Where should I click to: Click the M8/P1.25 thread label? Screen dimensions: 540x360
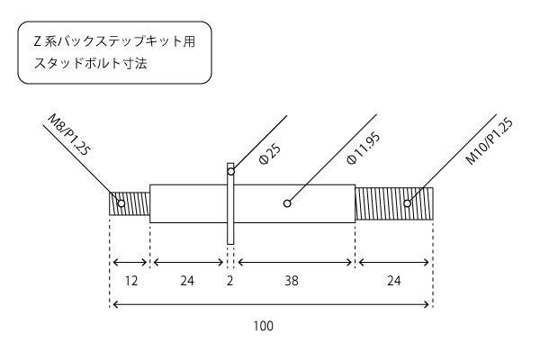point(69,134)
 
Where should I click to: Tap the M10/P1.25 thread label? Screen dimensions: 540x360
point(490,140)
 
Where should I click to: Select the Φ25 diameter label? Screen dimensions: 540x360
point(270,154)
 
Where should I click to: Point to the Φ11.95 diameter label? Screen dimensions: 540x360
point(364,148)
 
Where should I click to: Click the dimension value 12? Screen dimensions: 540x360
point(131,281)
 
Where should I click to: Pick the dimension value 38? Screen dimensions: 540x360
point(292,281)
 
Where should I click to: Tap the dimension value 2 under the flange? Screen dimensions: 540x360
point(230,281)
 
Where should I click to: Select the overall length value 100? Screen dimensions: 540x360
point(264,326)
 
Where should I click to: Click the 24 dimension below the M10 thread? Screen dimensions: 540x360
point(394,281)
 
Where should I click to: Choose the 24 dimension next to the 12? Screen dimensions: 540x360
point(187,281)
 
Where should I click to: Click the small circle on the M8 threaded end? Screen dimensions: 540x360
point(121,203)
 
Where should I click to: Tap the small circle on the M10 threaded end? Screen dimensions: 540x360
point(408,203)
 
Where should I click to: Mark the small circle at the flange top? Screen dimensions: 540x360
point(231,171)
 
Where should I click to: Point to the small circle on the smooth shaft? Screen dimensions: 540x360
point(287,203)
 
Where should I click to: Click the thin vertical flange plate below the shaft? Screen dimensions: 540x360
point(230,234)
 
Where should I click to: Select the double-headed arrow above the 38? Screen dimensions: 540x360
point(295,263)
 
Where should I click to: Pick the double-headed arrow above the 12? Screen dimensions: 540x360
point(130,263)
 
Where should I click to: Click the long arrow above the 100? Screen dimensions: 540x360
point(271,304)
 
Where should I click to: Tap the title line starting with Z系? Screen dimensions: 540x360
point(114,42)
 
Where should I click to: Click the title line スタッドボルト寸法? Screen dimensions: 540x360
point(91,63)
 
